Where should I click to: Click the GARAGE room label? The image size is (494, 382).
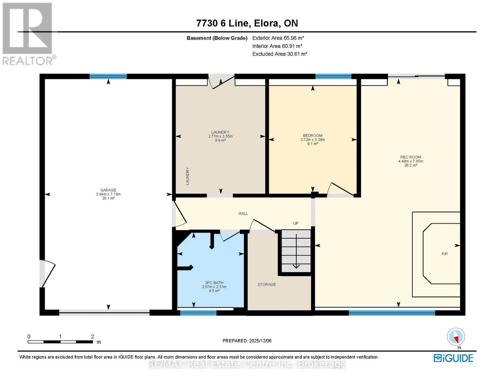(108, 190)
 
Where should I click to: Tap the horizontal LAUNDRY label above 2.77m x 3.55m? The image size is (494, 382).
(220, 132)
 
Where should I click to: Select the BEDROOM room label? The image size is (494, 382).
(313, 135)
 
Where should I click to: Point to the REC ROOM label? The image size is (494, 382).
(411, 157)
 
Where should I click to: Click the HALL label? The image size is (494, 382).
(243, 213)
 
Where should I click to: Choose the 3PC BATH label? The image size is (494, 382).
(214, 283)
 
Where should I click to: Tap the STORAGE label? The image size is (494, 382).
(267, 284)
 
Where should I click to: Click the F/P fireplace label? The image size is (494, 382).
(445, 254)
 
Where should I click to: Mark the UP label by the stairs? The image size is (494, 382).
(296, 223)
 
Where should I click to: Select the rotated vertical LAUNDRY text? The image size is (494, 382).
(188, 176)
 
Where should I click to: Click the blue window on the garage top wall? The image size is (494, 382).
(108, 76)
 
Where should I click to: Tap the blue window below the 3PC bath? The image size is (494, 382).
(198, 313)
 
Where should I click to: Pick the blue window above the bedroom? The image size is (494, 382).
(333, 76)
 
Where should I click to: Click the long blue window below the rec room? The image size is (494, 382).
(392, 313)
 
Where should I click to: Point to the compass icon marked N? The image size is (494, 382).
(456, 338)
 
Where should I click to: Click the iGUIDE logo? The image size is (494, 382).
(453, 358)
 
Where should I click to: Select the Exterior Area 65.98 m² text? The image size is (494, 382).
(278, 38)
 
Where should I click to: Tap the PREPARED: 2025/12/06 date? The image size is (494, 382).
(247, 341)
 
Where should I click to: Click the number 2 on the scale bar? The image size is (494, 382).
(93, 336)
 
